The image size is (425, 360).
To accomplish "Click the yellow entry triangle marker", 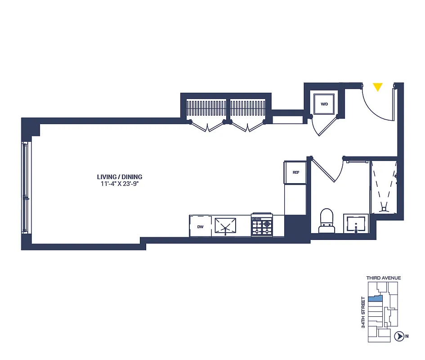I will (378, 87).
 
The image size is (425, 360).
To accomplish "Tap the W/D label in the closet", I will (324, 104).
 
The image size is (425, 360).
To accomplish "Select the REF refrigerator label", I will (296, 172).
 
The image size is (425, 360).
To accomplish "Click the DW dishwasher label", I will (200, 227).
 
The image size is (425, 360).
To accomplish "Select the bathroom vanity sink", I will (356, 224).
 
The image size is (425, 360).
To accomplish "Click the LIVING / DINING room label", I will (120, 177).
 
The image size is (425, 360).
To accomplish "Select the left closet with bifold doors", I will (206, 109).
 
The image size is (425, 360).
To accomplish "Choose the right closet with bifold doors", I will (248, 109).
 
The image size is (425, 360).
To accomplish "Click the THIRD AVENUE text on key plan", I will (383, 278).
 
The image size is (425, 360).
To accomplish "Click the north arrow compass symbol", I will (398, 336).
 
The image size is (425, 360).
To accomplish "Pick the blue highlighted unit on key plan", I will (376, 298).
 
